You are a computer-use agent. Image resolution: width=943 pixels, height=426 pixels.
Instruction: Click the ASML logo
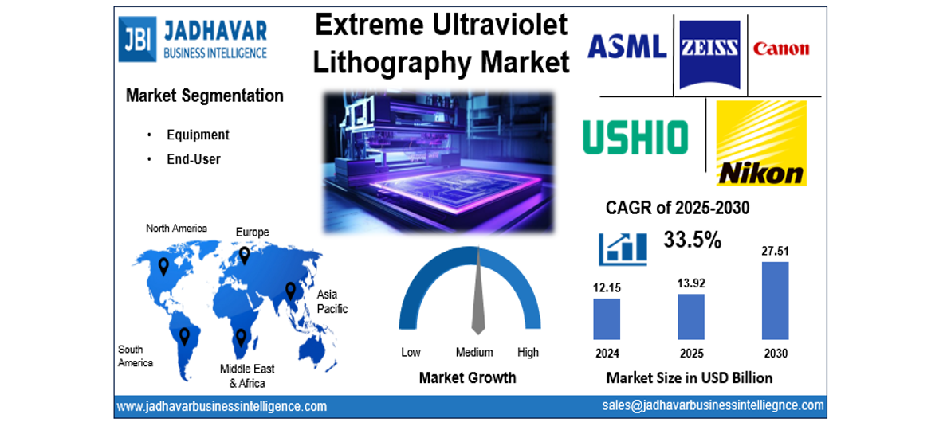(x=627, y=46)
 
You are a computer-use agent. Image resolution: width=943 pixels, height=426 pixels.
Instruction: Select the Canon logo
(x=780, y=49)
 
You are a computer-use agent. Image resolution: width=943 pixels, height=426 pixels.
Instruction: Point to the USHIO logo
(x=635, y=137)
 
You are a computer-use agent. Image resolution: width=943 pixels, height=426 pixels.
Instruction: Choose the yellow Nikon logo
(x=760, y=143)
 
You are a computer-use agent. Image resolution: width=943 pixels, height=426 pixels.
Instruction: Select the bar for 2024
(x=607, y=319)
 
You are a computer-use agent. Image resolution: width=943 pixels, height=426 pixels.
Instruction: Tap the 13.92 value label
(x=690, y=283)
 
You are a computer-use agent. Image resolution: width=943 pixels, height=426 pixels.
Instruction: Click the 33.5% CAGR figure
(x=692, y=239)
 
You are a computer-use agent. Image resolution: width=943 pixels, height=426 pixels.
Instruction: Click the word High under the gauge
(x=528, y=352)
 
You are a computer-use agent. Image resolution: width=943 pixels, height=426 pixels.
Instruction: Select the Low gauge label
(x=411, y=352)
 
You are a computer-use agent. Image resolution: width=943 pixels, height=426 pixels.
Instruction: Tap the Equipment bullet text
(x=198, y=135)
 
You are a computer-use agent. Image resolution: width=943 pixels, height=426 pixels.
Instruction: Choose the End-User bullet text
(x=194, y=159)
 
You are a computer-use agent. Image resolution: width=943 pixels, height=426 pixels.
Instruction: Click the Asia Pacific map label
(x=332, y=301)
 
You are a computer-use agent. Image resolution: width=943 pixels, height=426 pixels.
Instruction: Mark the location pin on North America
(x=163, y=266)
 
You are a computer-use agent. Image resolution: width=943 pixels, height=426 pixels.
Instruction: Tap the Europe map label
(x=252, y=232)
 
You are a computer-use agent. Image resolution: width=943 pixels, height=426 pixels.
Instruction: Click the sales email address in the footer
(x=713, y=405)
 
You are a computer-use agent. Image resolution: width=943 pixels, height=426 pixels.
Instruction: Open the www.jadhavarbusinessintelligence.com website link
(x=222, y=406)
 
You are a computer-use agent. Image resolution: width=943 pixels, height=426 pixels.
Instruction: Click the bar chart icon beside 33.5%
(x=623, y=247)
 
